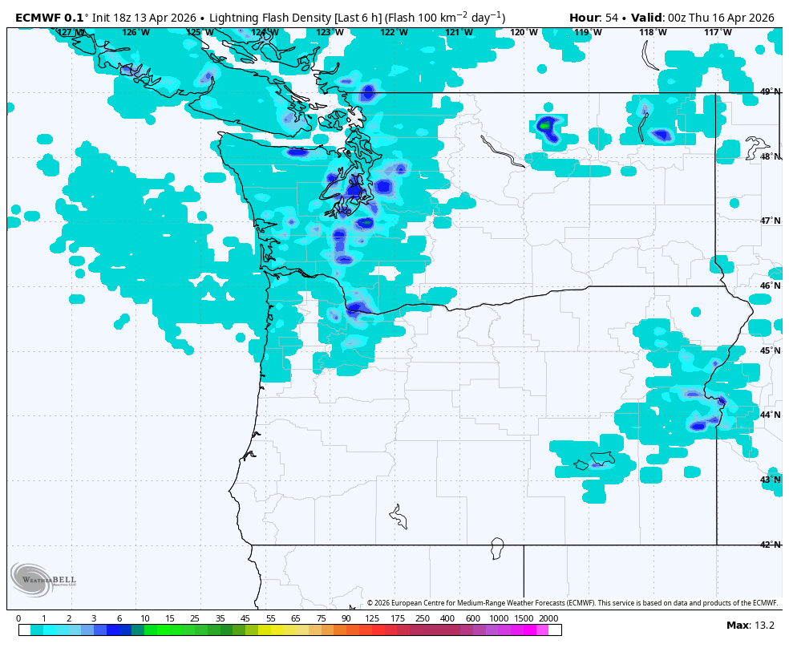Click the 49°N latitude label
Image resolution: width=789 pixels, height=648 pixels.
click(x=770, y=91)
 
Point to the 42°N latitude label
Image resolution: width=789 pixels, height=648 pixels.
click(x=770, y=545)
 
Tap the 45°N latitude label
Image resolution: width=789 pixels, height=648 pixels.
click(x=770, y=350)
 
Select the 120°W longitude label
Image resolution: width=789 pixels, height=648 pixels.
click(x=524, y=32)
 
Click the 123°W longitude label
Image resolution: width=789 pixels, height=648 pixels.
click(x=330, y=32)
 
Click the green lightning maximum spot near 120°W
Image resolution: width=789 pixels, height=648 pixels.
click(x=545, y=125)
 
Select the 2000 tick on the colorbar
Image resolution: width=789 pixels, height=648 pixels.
click(x=548, y=618)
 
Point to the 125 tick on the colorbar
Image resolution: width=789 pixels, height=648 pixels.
click(x=372, y=618)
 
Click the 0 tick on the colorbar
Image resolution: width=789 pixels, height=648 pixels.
click(x=18, y=618)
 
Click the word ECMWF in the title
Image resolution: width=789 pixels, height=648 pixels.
click(x=38, y=17)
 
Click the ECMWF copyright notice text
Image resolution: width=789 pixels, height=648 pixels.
click(x=573, y=603)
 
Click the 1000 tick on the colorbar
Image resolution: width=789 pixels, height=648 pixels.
click(x=499, y=618)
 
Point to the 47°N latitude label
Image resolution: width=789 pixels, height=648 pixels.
click(x=770, y=221)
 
